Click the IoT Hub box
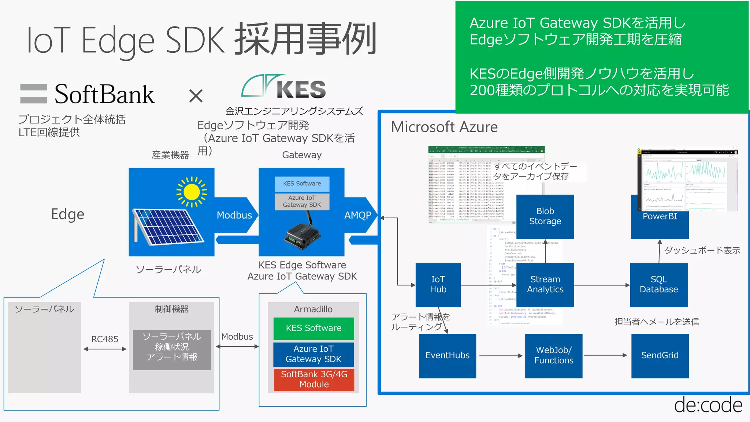[x=438, y=285]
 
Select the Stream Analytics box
[x=545, y=285]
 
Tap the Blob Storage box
[x=545, y=216]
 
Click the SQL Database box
[x=658, y=285]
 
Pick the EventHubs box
[x=447, y=355]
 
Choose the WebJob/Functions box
[x=553, y=355]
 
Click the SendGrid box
[x=660, y=355]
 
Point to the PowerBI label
[x=660, y=216]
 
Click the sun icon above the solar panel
[x=192, y=192]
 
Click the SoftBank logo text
[x=104, y=95]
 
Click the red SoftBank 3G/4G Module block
[x=314, y=380]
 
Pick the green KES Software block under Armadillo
[x=313, y=328]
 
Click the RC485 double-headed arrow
[x=105, y=349]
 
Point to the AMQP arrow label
[x=358, y=215]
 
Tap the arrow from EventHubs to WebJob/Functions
[x=501, y=355]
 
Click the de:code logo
[x=708, y=405]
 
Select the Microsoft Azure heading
[x=444, y=127]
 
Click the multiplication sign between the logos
[x=196, y=96]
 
